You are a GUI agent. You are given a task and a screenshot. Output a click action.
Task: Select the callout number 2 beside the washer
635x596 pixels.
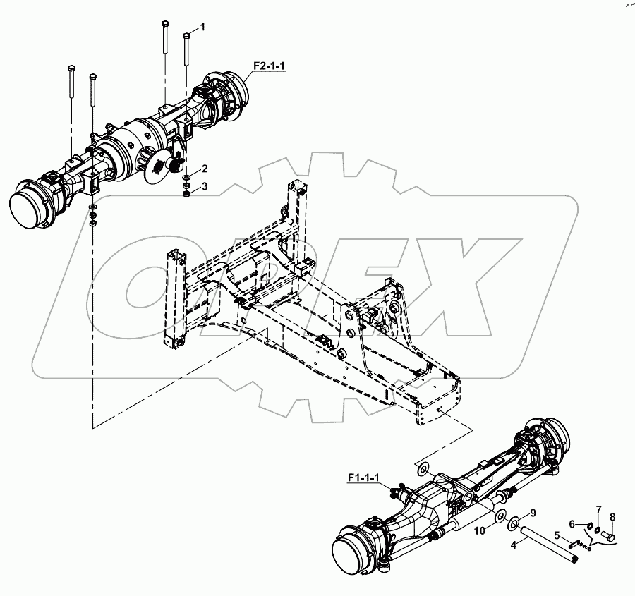[205, 169]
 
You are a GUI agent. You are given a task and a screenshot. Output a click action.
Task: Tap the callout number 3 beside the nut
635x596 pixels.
[205, 186]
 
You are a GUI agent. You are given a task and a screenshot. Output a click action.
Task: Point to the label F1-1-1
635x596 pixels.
[363, 479]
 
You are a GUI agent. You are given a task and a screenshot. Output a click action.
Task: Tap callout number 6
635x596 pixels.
[573, 523]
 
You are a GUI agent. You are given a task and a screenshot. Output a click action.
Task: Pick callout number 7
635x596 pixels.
[598, 509]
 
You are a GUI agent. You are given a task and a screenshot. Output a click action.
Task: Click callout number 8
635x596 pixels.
[612, 517]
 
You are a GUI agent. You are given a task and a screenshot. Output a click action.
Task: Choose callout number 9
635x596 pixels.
[533, 512]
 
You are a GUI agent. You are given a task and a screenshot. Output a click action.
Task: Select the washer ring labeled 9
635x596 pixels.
[516, 523]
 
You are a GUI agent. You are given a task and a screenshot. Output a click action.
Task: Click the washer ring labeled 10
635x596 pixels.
[500, 518]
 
